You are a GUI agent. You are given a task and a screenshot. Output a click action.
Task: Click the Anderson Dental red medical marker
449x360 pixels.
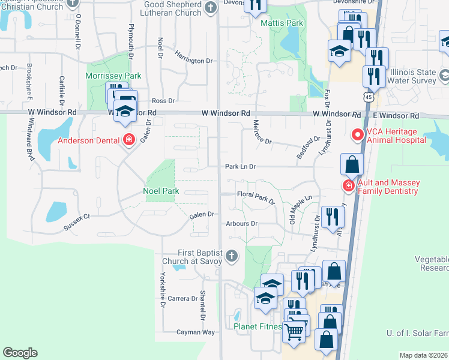(128, 141)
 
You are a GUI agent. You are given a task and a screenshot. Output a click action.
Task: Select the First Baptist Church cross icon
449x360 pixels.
(232, 257)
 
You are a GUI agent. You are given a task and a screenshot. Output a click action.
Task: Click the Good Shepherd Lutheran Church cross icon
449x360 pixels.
(211, 8)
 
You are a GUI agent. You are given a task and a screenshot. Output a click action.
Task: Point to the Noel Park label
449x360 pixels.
(161, 192)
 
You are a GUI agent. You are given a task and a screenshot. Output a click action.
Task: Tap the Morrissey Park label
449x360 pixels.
(113, 76)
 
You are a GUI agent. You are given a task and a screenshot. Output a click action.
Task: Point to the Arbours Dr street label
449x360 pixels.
(242, 224)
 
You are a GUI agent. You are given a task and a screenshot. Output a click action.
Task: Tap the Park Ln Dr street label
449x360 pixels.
(241, 167)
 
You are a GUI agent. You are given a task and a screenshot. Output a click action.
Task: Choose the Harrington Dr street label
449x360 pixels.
(194, 59)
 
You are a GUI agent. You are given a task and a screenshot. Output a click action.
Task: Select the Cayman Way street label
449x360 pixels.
(195, 332)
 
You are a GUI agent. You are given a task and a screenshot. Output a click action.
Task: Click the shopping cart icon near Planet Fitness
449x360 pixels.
(294, 330)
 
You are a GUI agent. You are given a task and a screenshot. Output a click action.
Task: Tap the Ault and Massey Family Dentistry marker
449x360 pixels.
(348, 186)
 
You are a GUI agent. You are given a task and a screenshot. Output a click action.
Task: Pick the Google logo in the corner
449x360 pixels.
(20, 352)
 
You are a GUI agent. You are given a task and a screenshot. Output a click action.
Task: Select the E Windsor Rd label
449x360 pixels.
(395, 115)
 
